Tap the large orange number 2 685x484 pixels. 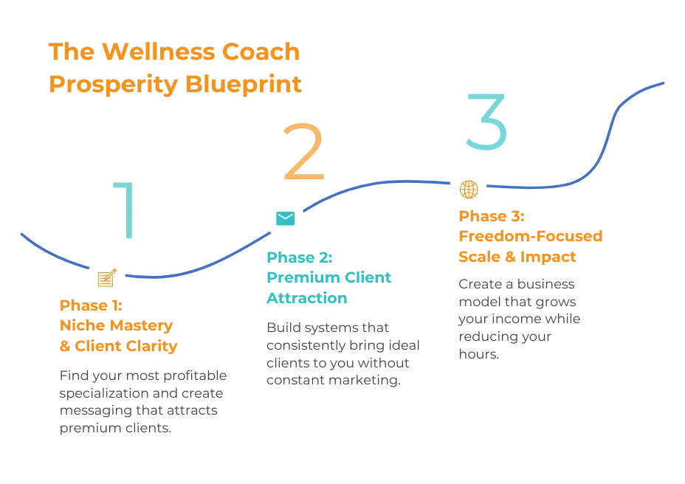click(304, 151)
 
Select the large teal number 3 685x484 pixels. click(486, 122)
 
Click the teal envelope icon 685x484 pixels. click(285, 218)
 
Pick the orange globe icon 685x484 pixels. click(469, 189)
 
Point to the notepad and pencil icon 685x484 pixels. click(107, 277)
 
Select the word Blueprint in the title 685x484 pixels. click(244, 84)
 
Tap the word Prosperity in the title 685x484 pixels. click(114, 84)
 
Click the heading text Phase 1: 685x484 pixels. click(91, 305)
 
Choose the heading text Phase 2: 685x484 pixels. click(300, 257)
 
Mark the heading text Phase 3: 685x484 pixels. click(492, 216)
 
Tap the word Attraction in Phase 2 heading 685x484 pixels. click(307, 298)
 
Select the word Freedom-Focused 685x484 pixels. click(531, 236)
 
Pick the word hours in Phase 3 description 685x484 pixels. click(479, 354)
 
